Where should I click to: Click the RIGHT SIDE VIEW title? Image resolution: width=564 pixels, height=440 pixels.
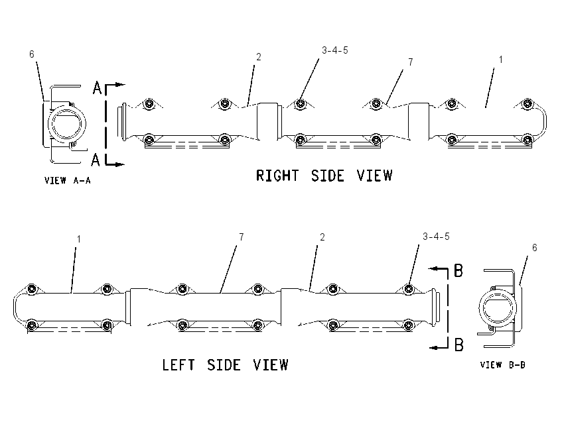(x=324, y=176)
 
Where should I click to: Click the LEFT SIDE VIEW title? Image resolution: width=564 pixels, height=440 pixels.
(x=225, y=365)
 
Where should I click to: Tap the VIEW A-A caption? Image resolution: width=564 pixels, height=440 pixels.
(x=68, y=180)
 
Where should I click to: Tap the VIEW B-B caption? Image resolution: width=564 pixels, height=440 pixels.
(x=503, y=365)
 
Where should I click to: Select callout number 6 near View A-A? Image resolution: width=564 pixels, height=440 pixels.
(x=32, y=54)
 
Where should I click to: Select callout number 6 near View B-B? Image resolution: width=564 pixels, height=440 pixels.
(x=535, y=247)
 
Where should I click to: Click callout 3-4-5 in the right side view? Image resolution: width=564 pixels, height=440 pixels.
(x=335, y=50)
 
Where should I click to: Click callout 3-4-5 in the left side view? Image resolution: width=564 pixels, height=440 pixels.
(x=436, y=237)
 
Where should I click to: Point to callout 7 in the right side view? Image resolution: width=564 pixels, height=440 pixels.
(x=411, y=62)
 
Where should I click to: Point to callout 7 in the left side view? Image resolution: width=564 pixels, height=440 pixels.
(x=242, y=237)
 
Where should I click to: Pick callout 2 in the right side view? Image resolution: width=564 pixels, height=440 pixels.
(x=258, y=57)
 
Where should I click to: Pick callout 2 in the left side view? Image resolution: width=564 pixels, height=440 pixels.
(x=322, y=237)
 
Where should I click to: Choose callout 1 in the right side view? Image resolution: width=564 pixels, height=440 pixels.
(x=500, y=60)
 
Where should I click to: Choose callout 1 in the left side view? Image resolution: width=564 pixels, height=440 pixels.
(x=79, y=239)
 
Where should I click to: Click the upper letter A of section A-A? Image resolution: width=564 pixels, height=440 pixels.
(x=97, y=88)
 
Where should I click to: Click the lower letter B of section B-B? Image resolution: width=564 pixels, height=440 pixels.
(x=458, y=345)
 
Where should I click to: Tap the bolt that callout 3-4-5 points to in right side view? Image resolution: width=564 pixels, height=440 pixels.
(x=301, y=104)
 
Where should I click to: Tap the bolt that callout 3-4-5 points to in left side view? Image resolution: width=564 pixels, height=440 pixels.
(x=408, y=289)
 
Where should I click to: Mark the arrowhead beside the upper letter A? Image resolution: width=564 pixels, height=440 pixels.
(x=121, y=85)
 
